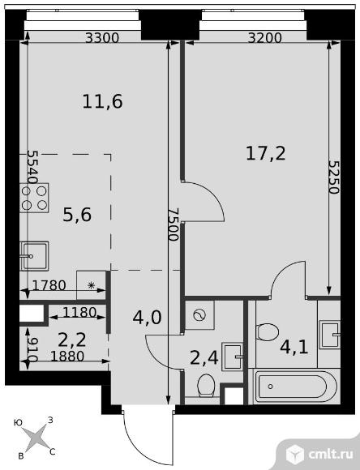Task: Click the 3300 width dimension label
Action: click(x=102, y=38)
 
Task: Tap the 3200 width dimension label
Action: click(x=265, y=38)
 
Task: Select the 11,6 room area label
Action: click(x=102, y=101)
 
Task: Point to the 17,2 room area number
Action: click(x=265, y=153)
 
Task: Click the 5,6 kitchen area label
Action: click(x=77, y=215)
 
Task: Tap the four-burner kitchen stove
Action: click(x=34, y=198)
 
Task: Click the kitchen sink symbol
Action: click(x=34, y=256)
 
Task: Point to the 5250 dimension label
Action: click(x=333, y=177)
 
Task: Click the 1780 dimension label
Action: click(x=49, y=285)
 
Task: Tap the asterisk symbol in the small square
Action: click(x=91, y=285)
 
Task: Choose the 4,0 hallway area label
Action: click(x=147, y=318)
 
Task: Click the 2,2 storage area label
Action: click(x=72, y=340)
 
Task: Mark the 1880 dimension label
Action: click(x=67, y=357)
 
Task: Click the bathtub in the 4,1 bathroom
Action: click(x=295, y=387)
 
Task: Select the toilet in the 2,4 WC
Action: click(x=206, y=386)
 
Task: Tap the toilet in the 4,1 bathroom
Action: click(x=268, y=331)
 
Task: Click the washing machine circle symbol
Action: click(x=199, y=315)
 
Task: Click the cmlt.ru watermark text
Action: click(x=331, y=455)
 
